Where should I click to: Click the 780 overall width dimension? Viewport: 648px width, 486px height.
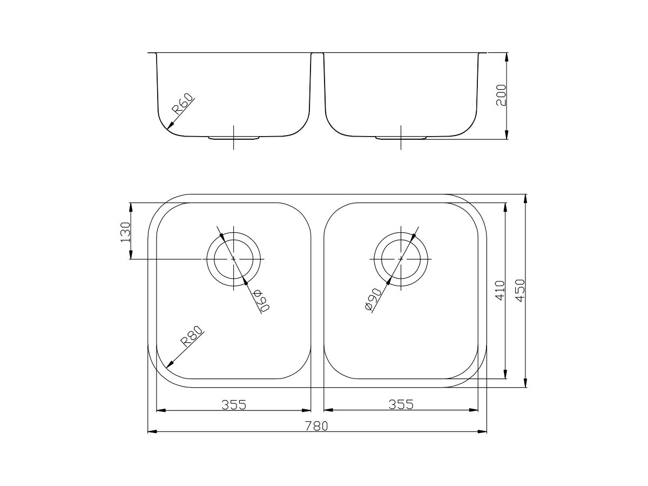click(x=317, y=426)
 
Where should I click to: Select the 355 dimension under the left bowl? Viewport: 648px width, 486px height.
click(x=233, y=404)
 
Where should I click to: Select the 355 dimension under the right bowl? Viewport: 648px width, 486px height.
click(x=401, y=404)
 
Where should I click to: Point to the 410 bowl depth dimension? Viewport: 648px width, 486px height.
click(x=499, y=291)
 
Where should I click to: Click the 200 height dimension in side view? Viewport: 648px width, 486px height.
click(x=501, y=95)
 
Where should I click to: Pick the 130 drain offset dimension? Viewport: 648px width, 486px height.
click(x=125, y=232)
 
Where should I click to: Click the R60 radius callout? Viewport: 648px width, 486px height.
click(x=183, y=105)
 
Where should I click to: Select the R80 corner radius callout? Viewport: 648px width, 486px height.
click(x=191, y=336)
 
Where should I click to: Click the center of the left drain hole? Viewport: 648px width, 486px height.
click(x=233, y=259)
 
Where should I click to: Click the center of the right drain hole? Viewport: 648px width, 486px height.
click(x=401, y=259)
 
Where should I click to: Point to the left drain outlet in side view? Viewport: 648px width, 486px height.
click(x=233, y=138)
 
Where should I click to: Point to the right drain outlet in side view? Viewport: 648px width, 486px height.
click(x=401, y=138)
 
